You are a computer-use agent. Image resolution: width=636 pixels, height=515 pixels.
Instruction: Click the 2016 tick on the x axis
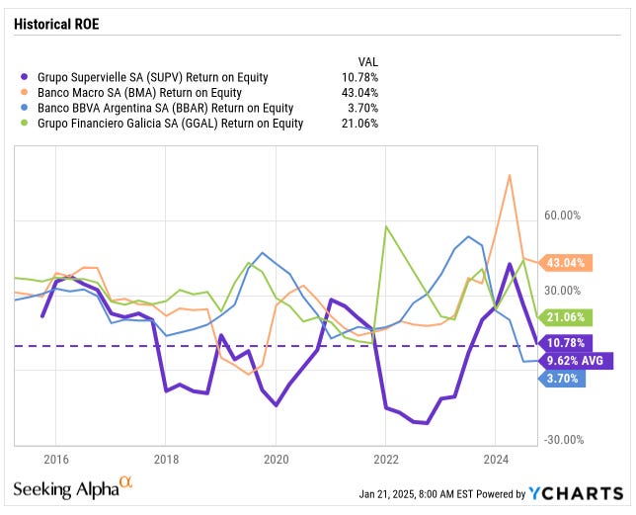(55, 459)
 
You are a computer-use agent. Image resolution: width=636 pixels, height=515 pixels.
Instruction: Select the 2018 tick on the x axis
(166, 459)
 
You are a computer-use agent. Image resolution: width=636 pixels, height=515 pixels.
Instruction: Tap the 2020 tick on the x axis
(276, 459)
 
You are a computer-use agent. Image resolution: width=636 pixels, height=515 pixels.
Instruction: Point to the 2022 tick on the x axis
(386, 459)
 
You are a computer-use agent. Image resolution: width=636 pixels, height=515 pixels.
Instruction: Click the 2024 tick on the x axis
(497, 459)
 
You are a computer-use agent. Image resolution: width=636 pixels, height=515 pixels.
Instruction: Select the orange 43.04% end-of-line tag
(566, 263)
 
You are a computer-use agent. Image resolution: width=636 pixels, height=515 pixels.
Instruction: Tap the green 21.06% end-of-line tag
(566, 317)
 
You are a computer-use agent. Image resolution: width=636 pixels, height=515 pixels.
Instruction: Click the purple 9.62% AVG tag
(576, 361)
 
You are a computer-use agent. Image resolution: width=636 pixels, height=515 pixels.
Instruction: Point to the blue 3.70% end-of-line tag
(564, 379)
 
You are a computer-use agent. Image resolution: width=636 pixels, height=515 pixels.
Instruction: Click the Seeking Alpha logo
(72, 488)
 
